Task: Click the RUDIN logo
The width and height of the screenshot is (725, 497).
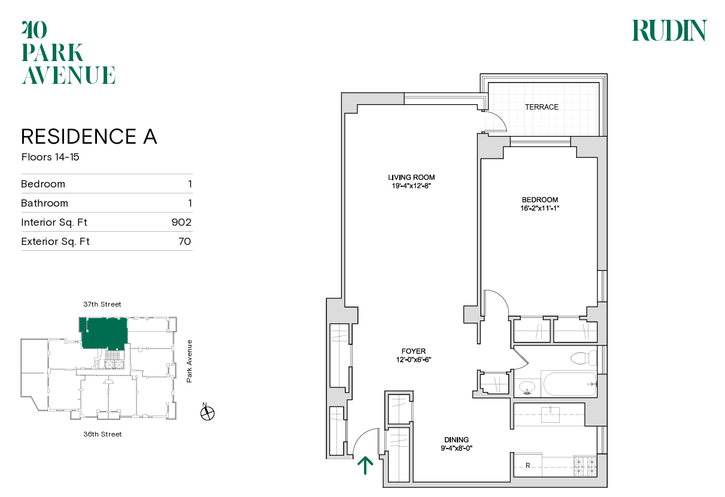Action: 669,31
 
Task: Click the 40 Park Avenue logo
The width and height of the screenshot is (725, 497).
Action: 68,53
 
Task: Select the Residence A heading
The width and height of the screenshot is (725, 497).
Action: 89,137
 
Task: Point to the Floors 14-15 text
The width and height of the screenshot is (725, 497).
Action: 50,158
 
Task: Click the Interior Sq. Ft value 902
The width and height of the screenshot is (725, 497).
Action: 181,222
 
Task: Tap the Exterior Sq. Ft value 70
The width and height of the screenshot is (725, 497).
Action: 184,241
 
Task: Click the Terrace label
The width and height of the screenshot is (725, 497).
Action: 541,107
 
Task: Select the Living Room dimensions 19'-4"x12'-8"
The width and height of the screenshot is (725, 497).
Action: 411,186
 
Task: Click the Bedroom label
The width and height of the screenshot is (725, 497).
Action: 539,200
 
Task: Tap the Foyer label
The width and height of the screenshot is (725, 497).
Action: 413,351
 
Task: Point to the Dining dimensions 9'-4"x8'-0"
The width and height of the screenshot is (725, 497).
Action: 456,448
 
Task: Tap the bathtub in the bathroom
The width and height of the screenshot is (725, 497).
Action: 569,384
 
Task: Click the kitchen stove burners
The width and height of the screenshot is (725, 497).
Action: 585,464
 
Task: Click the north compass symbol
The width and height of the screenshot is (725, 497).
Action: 208,413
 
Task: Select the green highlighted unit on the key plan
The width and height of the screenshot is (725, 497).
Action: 104,333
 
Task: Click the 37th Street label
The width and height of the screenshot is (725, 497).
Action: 102,304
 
